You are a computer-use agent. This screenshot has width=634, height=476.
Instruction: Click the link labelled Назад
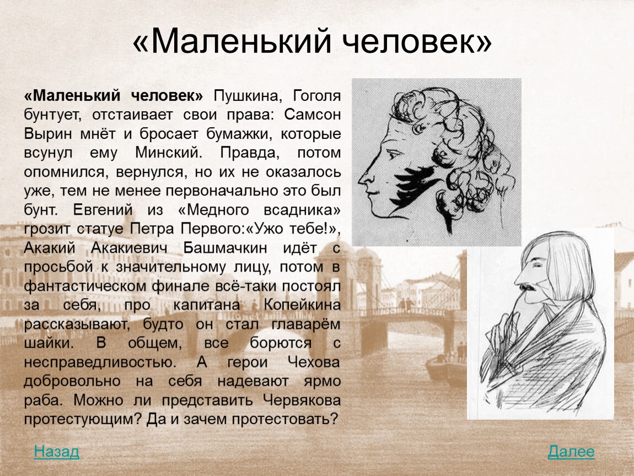click(56, 452)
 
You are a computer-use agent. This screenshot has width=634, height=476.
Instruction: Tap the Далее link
click(571, 452)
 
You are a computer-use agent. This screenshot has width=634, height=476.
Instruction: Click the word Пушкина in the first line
click(246, 96)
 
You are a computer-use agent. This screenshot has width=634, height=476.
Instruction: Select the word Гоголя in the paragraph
click(316, 96)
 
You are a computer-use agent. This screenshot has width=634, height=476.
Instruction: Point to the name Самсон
click(312, 115)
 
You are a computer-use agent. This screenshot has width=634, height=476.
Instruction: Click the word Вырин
click(48, 134)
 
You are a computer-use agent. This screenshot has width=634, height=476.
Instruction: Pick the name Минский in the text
click(168, 153)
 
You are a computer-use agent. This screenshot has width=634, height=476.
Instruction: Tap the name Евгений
click(103, 210)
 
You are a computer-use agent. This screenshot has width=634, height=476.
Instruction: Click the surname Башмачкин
click(225, 248)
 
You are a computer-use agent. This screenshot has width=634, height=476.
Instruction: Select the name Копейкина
click(302, 305)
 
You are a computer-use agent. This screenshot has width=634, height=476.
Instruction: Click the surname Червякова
click(302, 401)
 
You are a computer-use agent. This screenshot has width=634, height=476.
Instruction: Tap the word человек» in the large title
click(418, 42)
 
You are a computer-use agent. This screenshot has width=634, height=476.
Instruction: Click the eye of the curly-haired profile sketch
click(392, 154)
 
